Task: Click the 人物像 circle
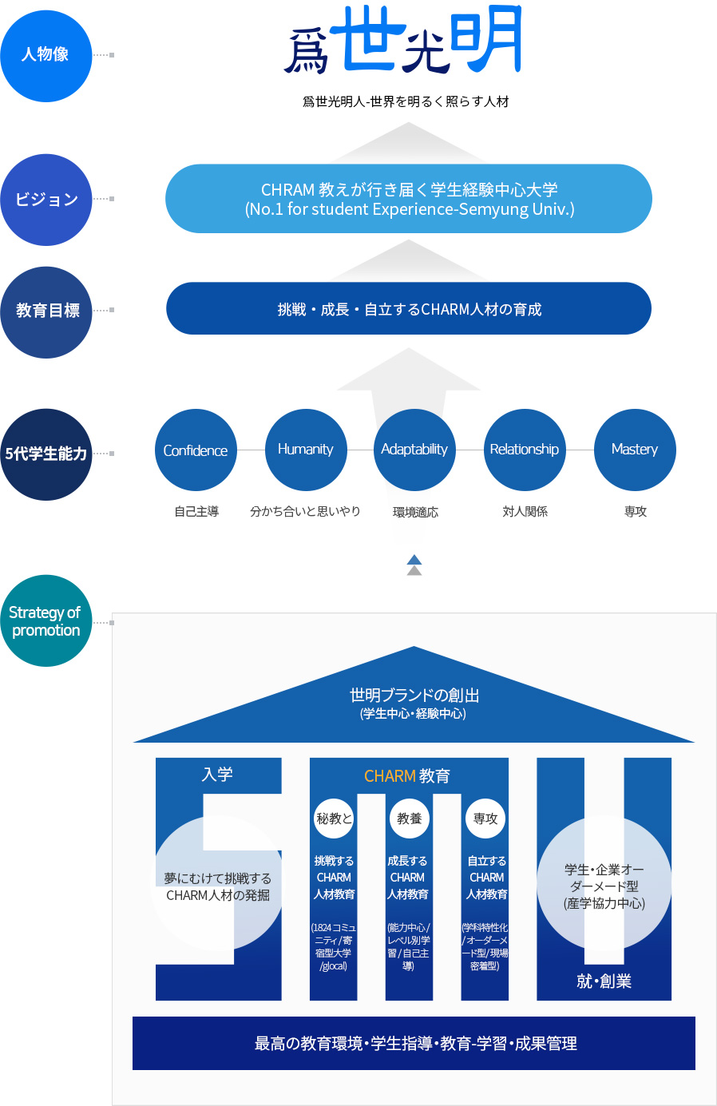pos(46,55)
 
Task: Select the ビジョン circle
pos(46,200)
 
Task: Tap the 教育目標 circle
pos(46,311)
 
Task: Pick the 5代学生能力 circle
pos(46,454)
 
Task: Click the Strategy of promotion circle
pos(46,621)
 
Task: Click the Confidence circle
pos(196,450)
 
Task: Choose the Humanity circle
pos(305,450)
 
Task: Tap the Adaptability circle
pos(414,450)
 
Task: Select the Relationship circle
pos(525,450)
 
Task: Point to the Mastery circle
pos(635,450)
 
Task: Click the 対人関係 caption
pos(525,512)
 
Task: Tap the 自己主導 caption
pos(196,512)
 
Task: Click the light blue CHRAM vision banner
pos(409,199)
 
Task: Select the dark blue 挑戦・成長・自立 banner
pos(409,309)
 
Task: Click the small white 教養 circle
pos(410,819)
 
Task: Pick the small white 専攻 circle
pos(485,819)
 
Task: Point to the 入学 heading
pos(217,775)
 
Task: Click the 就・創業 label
pos(604,981)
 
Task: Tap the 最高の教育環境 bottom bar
pos(414,1044)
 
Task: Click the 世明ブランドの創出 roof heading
pos(414,703)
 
